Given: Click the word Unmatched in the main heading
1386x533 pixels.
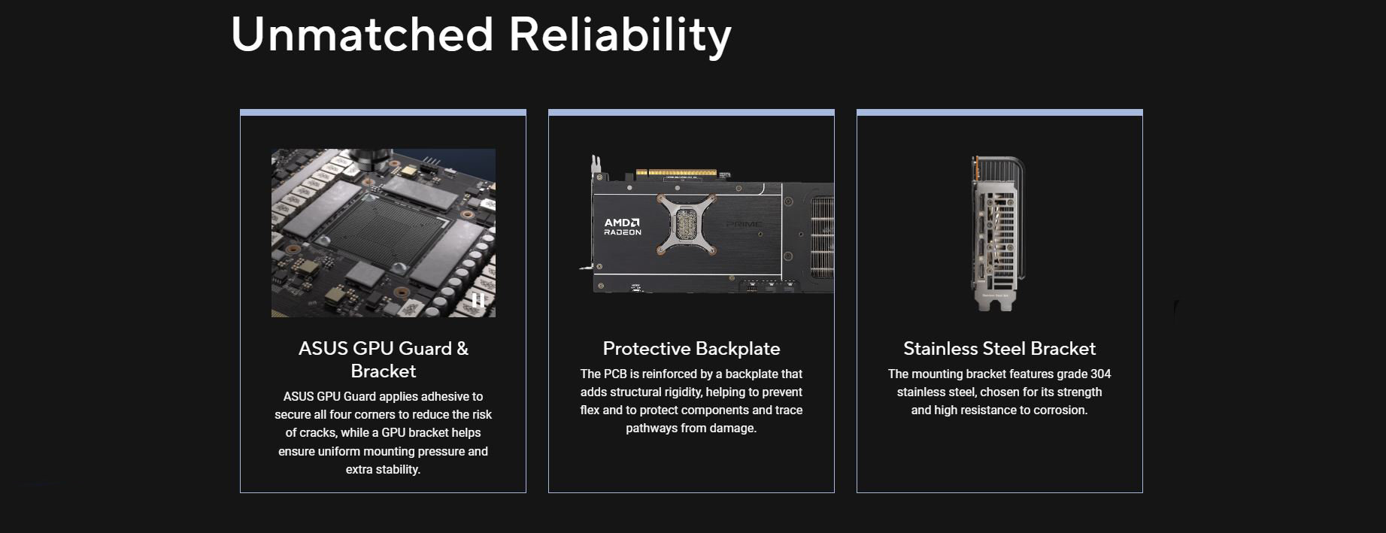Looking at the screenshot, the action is (x=362, y=34).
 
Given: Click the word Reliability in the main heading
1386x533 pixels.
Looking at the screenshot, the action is (x=620, y=36).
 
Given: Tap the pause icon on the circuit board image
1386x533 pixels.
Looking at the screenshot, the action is (x=478, y=301).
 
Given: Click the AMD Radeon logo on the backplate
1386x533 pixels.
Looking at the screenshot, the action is (x=622, y=226).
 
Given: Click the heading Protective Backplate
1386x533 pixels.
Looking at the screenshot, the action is (x=691, y=349).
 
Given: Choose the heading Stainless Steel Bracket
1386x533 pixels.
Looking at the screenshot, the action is (x=999, y=349).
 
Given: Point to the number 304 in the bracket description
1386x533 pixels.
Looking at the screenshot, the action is (x=1099, y=374).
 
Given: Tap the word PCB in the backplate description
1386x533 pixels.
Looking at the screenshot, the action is (x=614, y=374).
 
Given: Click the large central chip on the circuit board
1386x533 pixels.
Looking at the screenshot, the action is (x=372, y=229).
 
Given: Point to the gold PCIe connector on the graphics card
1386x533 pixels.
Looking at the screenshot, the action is (x=675, y=172).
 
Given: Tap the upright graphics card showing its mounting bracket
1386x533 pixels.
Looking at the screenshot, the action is (x=996, y=233).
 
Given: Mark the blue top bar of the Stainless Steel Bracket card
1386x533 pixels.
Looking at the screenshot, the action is (x=999, y=113).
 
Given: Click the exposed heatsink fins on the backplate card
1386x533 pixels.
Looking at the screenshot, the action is (x=821, y=238).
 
